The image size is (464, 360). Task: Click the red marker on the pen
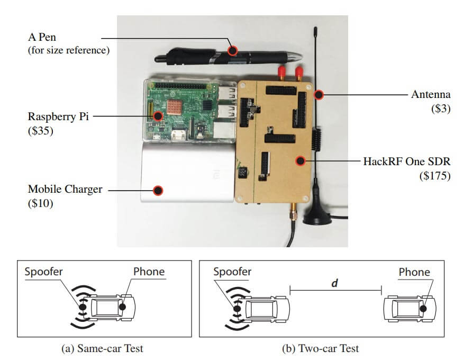pos(232,51)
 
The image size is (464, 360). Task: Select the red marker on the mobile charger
pos(157,190)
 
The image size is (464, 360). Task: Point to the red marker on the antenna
pos(319,95)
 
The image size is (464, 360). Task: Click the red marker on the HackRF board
pos(301,160)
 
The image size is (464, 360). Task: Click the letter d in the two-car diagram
pos(334,283)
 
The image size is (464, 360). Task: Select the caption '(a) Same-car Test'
pos(104,348)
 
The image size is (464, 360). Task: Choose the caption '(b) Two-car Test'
pos(321,348)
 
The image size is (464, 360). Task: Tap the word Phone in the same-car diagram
pos(149,272)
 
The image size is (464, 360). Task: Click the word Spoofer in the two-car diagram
pos(232,272)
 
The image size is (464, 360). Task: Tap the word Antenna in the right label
pos(431,95)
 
